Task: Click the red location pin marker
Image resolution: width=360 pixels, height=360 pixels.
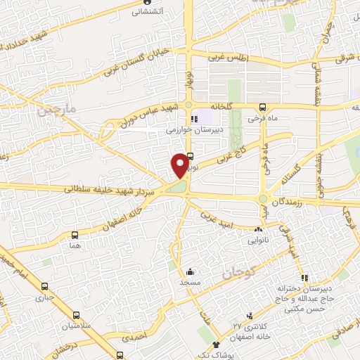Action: point(180,165)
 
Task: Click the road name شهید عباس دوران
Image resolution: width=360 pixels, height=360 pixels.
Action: point(141,113)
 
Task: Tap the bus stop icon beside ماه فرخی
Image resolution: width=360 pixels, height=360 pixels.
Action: point(262,108)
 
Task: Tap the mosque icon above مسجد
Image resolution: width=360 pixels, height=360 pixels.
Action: point(190,271)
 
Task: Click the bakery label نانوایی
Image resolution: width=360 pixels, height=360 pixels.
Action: point(259,239)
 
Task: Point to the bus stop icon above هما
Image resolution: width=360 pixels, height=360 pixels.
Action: point(75,235)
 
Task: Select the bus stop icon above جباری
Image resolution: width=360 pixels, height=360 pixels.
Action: point(45,287)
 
